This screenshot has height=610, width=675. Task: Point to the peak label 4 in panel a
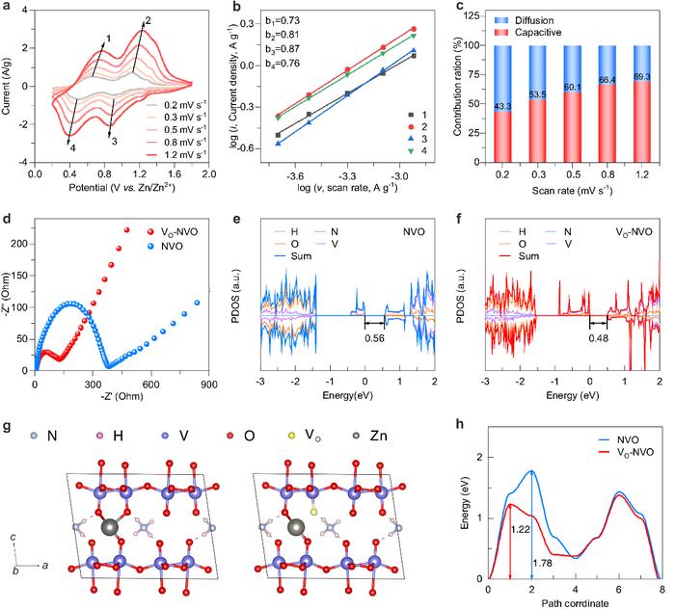point(44,146)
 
